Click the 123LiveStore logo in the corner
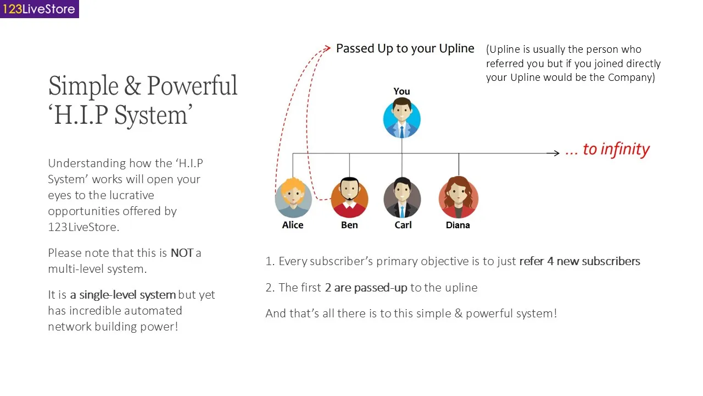click(39, 9)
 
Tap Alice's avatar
click(293, 198)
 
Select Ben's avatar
click(349, 198)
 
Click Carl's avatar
click(402, 198)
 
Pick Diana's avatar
click(458, 198)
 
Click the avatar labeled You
click(402, 118)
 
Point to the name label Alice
click(293, 225)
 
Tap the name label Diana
click(458, 225)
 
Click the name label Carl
click(403, 225)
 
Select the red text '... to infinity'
click(608, 150)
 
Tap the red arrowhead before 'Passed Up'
click(327, 48)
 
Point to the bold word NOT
click(182, 253)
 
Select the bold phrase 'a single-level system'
click(122, 295)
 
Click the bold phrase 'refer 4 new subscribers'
click(579, 261)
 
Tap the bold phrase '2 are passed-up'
click(366, 288)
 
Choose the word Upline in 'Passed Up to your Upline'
click(456, 49)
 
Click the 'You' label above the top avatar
click(401, 91)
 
